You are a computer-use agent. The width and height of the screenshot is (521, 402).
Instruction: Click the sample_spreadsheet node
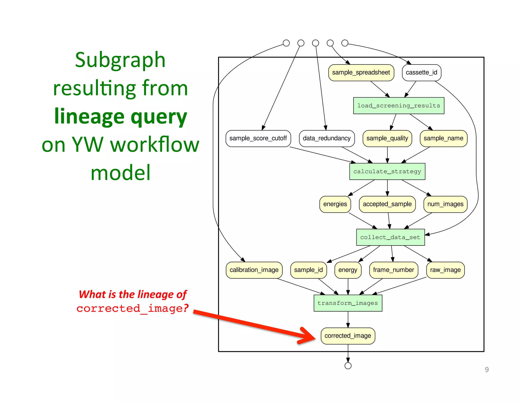coord(361,73)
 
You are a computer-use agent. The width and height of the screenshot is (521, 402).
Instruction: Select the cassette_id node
coord(421,73)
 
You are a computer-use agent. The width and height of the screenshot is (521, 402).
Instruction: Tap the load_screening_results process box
coord(398,106)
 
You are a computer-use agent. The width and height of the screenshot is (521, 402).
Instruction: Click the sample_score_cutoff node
coord(258,138)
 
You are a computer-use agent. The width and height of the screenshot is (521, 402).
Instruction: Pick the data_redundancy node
coord(327,138)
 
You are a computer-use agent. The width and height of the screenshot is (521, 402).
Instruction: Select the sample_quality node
coord(387,138)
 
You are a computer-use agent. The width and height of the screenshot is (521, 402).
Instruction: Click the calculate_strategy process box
coord(387,172)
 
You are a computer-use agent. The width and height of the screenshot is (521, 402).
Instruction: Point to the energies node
coord(335,204)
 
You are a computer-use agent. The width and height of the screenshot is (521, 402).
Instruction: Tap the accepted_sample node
coord(387,204)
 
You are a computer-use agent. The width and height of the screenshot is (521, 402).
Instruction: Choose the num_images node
coord(445,204)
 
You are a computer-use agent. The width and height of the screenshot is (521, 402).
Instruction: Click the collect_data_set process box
coord(390,237)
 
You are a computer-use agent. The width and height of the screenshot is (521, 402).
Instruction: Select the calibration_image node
coord(254,270)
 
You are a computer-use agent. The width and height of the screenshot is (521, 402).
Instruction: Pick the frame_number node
coord(393,270)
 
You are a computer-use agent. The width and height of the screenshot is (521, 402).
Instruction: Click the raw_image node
coord(445,270)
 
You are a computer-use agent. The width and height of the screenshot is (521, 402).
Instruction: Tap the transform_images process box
coord(348,303)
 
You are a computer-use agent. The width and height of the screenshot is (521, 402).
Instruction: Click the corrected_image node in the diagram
coord(348,336)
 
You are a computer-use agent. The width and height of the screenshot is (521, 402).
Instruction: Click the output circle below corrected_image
coord(348,366)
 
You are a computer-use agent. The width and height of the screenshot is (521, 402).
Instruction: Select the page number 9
coord(487,370)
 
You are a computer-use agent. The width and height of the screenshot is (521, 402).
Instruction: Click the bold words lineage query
coord(121,116)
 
